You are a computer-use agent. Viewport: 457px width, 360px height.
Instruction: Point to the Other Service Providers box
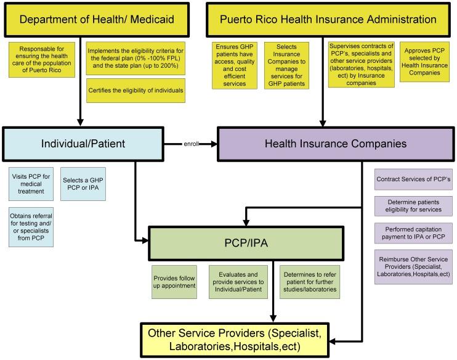tap(243, 338)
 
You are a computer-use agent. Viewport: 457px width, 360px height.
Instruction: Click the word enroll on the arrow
tap(192, 144)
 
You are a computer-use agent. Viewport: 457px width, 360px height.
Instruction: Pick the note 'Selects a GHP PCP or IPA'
tap(84, 184)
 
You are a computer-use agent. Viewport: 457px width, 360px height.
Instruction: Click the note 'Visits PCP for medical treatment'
tap(31, 184)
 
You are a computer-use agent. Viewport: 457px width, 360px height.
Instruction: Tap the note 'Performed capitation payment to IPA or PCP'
tap(413, 233)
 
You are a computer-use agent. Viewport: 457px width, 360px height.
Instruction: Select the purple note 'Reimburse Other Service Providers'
tap(413, 266)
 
